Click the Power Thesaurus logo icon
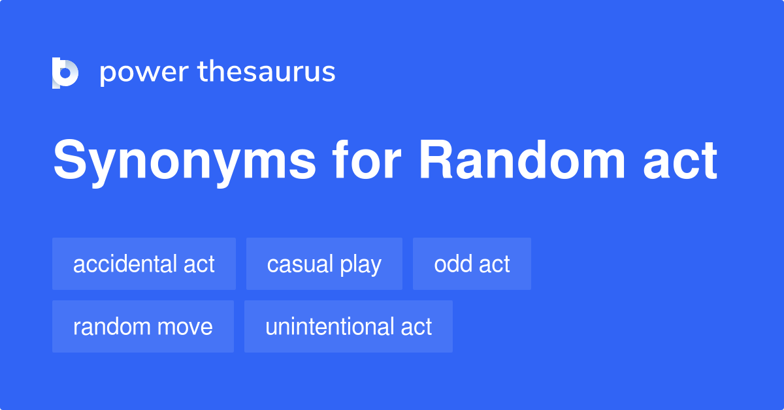click(65, 72)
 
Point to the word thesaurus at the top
click(267, 72)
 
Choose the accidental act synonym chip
click(144, 264)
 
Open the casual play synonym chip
click(324, 264)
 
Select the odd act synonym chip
click(472, 264)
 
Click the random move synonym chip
click(143, 326)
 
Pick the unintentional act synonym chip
click(348, 326)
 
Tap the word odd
click(449, 264)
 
